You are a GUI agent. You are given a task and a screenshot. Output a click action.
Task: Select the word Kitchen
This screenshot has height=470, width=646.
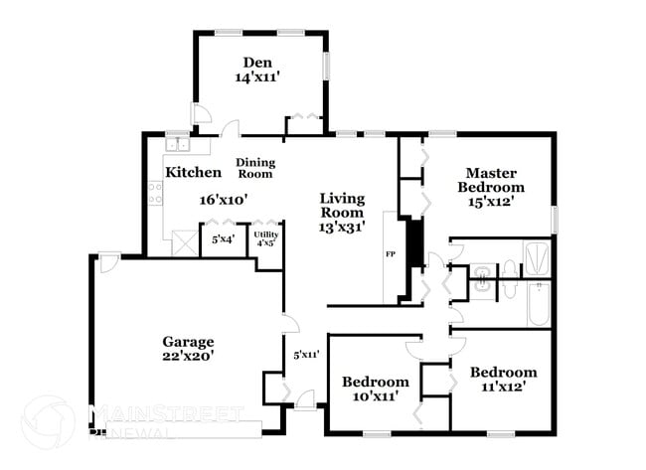193,172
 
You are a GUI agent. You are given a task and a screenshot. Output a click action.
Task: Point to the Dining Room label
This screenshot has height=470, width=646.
255,168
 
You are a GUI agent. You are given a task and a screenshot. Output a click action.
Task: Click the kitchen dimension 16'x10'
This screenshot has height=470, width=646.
223,199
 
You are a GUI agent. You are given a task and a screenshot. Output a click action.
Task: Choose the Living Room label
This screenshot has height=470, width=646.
342,205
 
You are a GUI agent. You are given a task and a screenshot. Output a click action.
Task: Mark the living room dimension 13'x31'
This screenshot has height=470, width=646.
342,227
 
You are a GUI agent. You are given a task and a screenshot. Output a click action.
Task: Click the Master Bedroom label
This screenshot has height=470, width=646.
491,179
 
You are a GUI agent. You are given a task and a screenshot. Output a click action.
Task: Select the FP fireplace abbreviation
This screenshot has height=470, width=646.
391,254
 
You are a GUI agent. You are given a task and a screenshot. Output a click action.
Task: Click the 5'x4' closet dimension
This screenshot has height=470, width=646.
223,238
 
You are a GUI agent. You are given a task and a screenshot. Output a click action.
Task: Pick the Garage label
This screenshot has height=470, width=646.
189,342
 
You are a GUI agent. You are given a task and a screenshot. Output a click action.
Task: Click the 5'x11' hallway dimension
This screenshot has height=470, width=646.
305,354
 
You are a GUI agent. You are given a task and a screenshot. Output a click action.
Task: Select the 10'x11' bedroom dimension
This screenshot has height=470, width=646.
376,396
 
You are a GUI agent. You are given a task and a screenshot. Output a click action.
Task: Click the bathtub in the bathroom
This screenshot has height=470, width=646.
537,306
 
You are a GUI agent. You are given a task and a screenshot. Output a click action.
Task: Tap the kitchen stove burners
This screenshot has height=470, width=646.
156,194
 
